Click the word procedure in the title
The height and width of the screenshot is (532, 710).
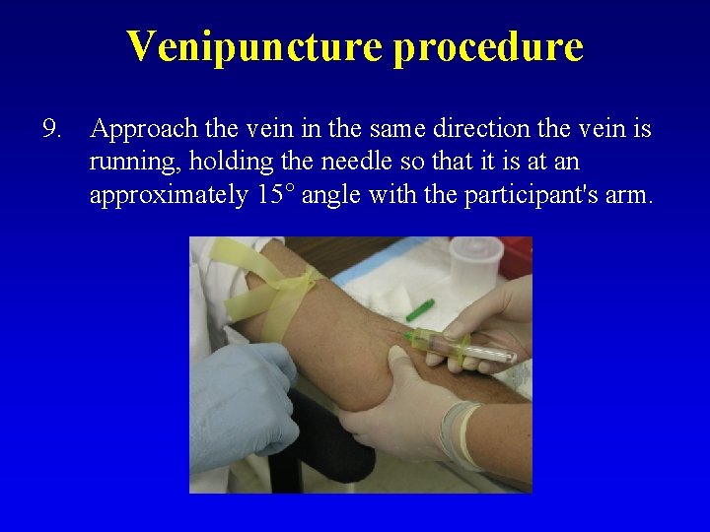point(488,46)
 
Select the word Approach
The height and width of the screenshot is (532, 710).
point(140,129)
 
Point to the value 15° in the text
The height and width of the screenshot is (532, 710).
point(276,195)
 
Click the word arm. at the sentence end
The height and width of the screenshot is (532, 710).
point(629,195)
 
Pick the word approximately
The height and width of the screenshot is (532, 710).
point(169,195)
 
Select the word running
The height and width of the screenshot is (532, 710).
point(129,162)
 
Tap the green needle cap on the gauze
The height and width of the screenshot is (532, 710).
point(420,308)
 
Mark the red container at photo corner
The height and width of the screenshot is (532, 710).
point(520,255)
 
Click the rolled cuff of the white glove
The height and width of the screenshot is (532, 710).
point(457,433)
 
